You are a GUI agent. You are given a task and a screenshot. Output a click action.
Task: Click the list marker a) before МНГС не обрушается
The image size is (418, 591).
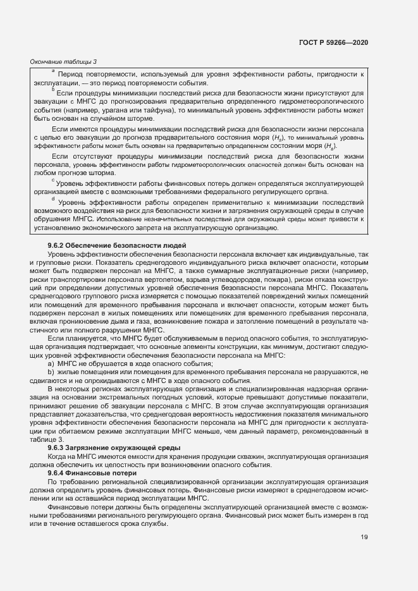(x=51, y=364)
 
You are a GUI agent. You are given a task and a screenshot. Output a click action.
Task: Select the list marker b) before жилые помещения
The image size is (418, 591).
(x=51, y=372)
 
